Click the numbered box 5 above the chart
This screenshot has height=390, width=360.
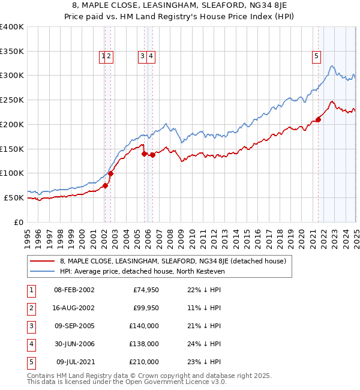(316, 57)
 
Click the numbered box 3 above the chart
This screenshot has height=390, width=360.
(143, 57)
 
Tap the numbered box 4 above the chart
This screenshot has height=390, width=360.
(151, 57)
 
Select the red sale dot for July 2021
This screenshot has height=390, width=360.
(319, 119)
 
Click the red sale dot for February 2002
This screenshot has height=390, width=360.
(105, 185)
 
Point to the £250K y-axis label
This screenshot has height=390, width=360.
(11, 100)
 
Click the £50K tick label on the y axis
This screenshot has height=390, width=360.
(14, 197)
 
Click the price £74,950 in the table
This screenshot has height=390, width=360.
(144, 290)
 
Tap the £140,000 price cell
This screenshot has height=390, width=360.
(144, 326)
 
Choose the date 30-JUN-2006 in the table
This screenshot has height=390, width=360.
(74, 344)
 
